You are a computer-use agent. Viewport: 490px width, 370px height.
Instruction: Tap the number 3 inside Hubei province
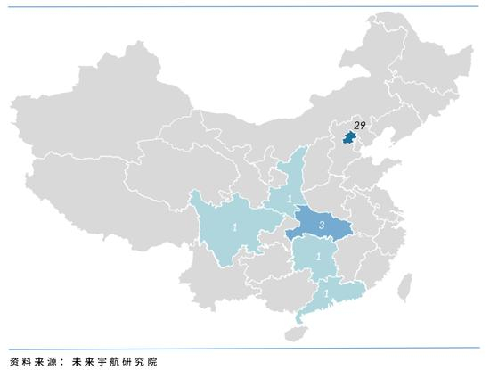[321, 227]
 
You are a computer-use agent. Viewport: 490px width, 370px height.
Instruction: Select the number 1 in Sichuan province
[234, 228]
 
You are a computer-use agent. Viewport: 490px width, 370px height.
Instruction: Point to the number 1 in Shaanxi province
[291, 197]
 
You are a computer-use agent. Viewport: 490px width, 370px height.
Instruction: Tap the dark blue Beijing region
[349, 139]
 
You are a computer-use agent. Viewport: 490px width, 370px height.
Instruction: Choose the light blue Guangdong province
[343, 294]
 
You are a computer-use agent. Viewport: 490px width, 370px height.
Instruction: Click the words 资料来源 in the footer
[30, 361]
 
